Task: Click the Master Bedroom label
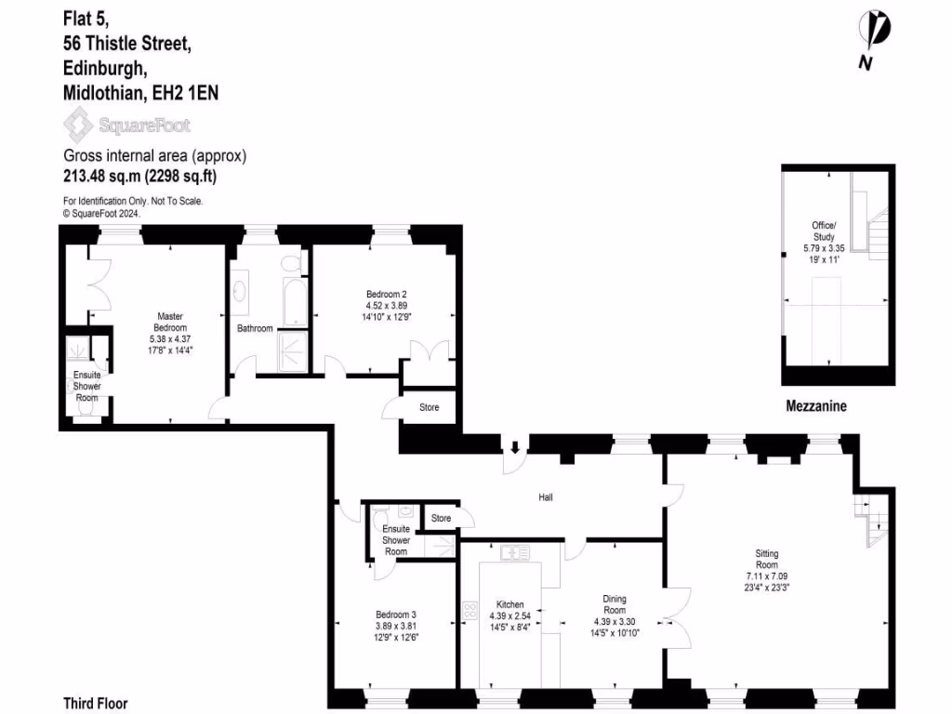click(171, 322)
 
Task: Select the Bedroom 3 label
click(396, 615)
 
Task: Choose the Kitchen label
click(509, 604)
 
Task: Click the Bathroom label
click(255, 328)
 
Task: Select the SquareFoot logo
click(126, 124)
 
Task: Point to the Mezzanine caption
click(815, 406)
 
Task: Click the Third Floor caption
click(95, 704)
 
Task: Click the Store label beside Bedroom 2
click(429, 408)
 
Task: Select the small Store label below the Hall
click(441, 519)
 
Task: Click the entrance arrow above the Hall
click(513, 445)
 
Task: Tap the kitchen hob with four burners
click(469, 611)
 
